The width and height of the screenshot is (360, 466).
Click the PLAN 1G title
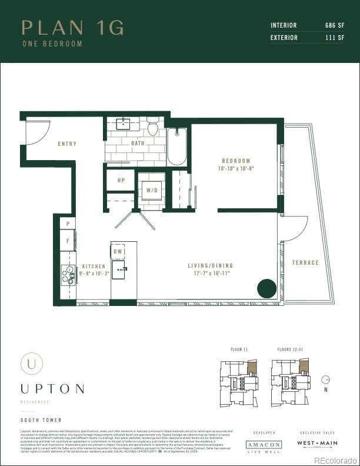click(72, 28)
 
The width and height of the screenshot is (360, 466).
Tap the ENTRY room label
click(67, 144)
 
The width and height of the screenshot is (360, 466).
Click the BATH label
click(138, 143)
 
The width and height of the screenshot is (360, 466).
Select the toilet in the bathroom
click(153, 128)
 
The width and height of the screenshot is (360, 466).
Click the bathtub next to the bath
click(176, 147)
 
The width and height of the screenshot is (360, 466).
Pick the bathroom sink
click(124, 124)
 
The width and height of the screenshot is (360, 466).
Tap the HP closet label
click(121, 181)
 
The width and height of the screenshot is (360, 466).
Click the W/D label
click(152, 191)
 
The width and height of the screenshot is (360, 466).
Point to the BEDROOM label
click(236, 161)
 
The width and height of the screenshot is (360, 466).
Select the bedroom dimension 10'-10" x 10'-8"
click(236, 168)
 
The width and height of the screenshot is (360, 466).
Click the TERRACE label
click(305, 262)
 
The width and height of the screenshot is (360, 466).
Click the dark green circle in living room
click(266, 288)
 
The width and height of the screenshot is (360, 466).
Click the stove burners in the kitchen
click(67, 274)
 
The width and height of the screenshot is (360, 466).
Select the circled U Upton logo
click(31, 363)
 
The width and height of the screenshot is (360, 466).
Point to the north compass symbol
click(325, 380)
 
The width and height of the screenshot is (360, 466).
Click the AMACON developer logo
click(264, 445)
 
